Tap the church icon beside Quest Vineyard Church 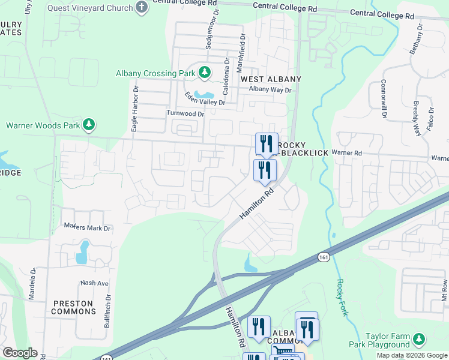pos(142,8)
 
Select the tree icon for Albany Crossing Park pos(205,73)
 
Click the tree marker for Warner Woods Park pos(89,125)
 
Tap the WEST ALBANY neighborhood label pos(271,79)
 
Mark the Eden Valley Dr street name pos(204,99)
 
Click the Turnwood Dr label pos(185,113)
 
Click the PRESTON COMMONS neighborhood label pos(73,307)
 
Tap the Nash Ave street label pos(94,283)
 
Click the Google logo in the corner pos(20,353)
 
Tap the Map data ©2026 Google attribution pos(412,355)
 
